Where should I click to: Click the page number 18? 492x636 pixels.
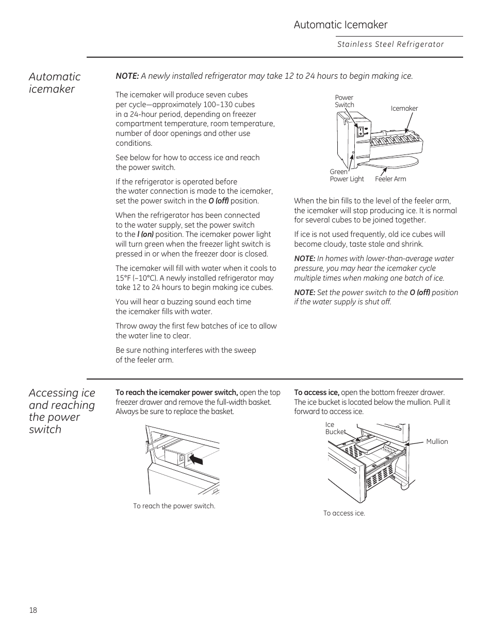(33, 610)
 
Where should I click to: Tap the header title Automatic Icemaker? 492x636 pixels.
(340, 25)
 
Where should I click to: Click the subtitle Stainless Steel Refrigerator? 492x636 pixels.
(390, 44)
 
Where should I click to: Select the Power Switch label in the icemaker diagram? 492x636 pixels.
(344, 101)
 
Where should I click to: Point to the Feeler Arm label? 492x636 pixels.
(390, 179)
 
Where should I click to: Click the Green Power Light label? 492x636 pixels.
(347, 176)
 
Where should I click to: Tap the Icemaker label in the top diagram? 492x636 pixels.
(404, 109)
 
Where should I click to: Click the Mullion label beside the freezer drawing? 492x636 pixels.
(437, 442)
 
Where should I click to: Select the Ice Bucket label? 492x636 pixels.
(335, 428)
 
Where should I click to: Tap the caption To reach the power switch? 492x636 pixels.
(174, 506)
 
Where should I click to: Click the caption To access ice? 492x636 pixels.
(344, 513)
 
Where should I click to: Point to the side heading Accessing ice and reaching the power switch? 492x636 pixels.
(62, 411)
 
